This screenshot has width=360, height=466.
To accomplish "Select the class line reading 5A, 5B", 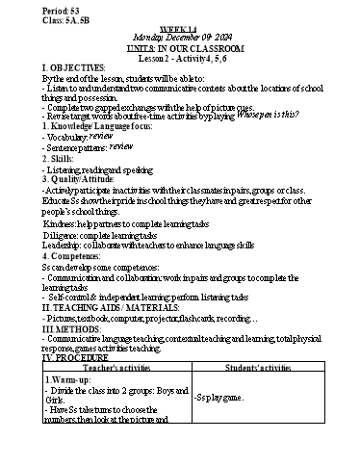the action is click(x=32, y=17).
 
